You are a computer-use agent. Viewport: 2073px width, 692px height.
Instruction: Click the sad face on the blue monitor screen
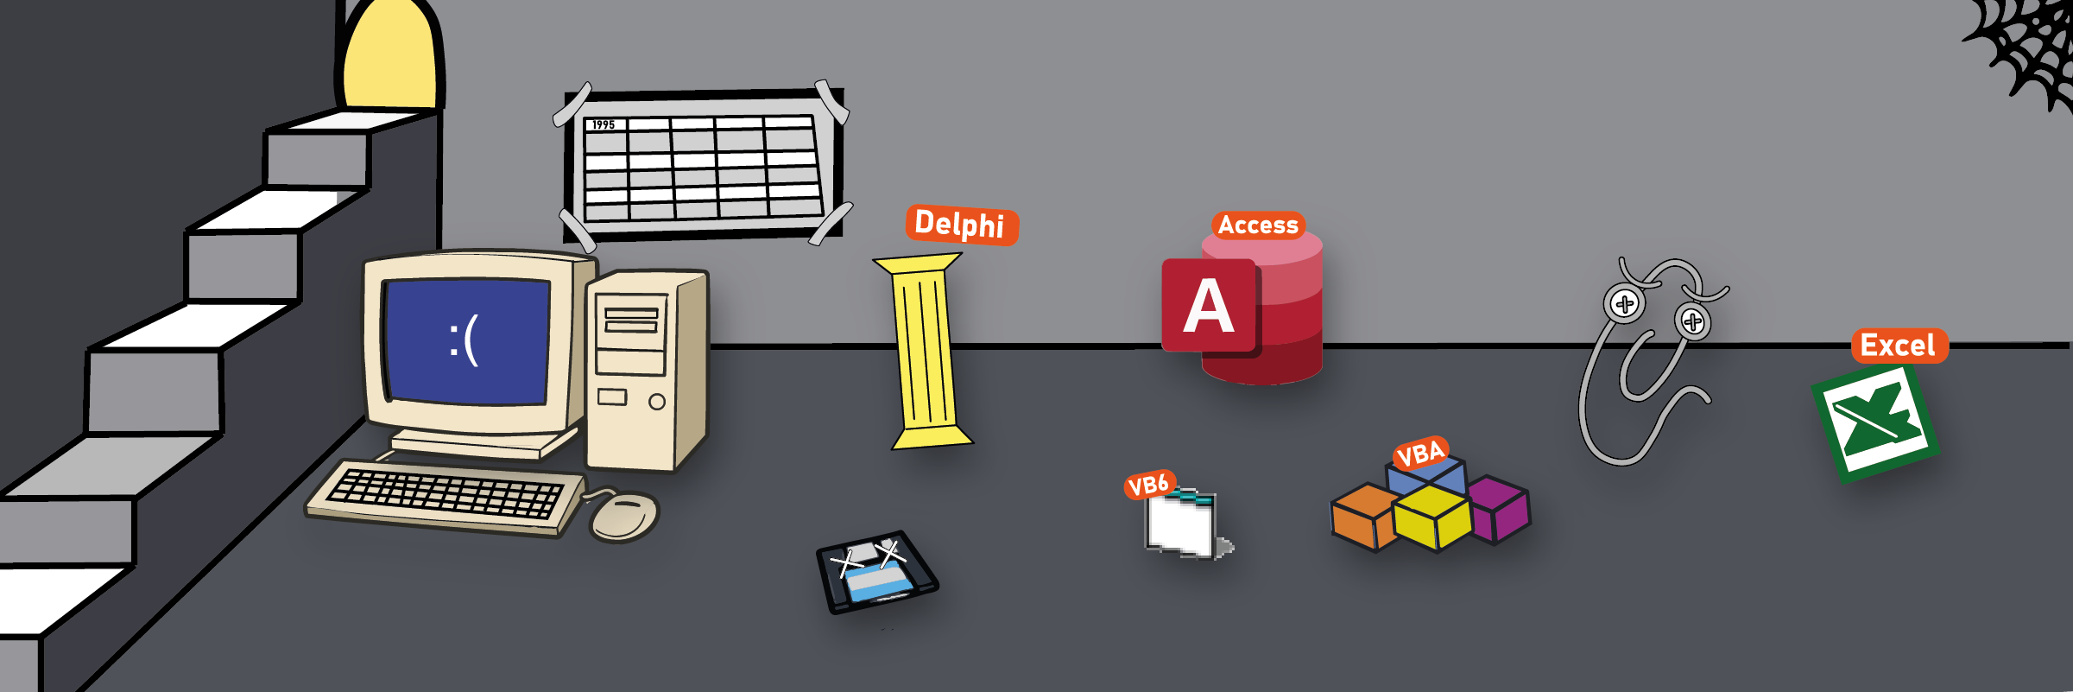click(465, 340)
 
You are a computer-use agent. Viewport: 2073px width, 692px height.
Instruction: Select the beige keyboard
click(446, 496)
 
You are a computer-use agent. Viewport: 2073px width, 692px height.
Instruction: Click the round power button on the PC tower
click(657, 402)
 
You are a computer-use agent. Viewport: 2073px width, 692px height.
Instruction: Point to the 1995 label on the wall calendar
click(604, 125)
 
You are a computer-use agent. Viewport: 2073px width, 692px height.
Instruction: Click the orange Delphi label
click(961, 225)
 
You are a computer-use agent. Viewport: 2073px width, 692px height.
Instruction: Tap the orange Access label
click(1258, 225)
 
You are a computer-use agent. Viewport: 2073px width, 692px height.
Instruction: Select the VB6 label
click(1149, 486)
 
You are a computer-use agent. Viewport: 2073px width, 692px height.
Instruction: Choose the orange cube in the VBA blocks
click(1362, 516)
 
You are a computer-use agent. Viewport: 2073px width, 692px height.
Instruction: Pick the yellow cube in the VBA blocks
click(1432, 517)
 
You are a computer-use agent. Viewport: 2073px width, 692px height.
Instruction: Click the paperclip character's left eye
click(1625, 304)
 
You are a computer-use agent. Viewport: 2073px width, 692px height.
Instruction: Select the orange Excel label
click(1899, 346)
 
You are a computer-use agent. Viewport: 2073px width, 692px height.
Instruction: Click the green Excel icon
click(1875, 422)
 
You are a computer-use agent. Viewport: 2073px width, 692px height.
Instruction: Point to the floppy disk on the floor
click(876, 572)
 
